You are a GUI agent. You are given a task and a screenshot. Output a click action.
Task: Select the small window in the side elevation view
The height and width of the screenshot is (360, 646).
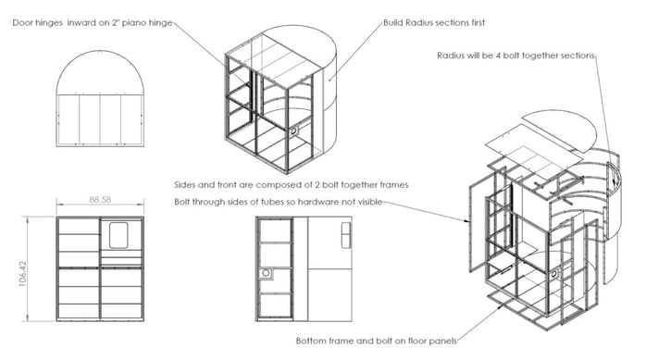(x=344, y=235)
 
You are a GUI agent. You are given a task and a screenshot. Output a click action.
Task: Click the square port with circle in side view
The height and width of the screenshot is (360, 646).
(x=267, y=275)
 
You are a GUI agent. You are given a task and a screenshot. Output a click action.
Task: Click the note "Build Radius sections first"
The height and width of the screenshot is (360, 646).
(x=434, y=22)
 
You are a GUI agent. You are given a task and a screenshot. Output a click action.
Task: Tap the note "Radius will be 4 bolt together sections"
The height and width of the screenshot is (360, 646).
(x=516, y=55)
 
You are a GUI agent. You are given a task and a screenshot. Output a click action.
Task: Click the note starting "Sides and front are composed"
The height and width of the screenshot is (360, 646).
(x=292, y=184)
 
